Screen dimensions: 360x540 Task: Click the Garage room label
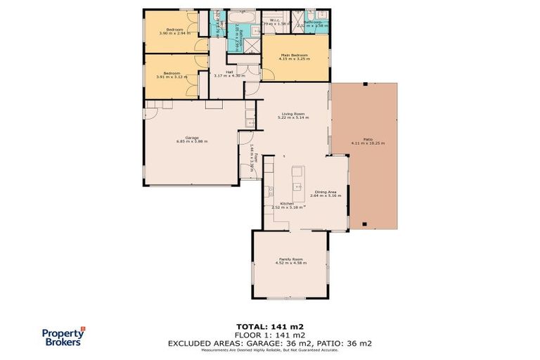[191, 137]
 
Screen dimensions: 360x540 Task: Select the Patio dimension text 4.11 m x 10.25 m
[368, 143]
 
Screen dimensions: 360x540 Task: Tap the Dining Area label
[325, 191]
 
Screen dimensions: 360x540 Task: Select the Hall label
[229, 71]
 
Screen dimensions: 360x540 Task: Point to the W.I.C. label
[267, 20]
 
